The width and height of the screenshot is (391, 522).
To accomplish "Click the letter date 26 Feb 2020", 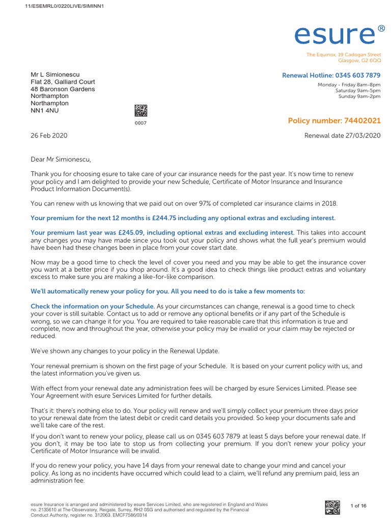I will pos(49,136).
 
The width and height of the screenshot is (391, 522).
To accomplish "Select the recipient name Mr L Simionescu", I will pos(55,74).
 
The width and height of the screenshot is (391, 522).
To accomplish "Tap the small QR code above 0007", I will pos(141,111).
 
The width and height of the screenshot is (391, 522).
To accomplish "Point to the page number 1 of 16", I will pos(358,506).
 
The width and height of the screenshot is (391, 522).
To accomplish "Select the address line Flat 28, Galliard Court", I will pos(63,82).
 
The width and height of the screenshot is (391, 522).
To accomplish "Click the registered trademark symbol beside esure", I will pos(382,29).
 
